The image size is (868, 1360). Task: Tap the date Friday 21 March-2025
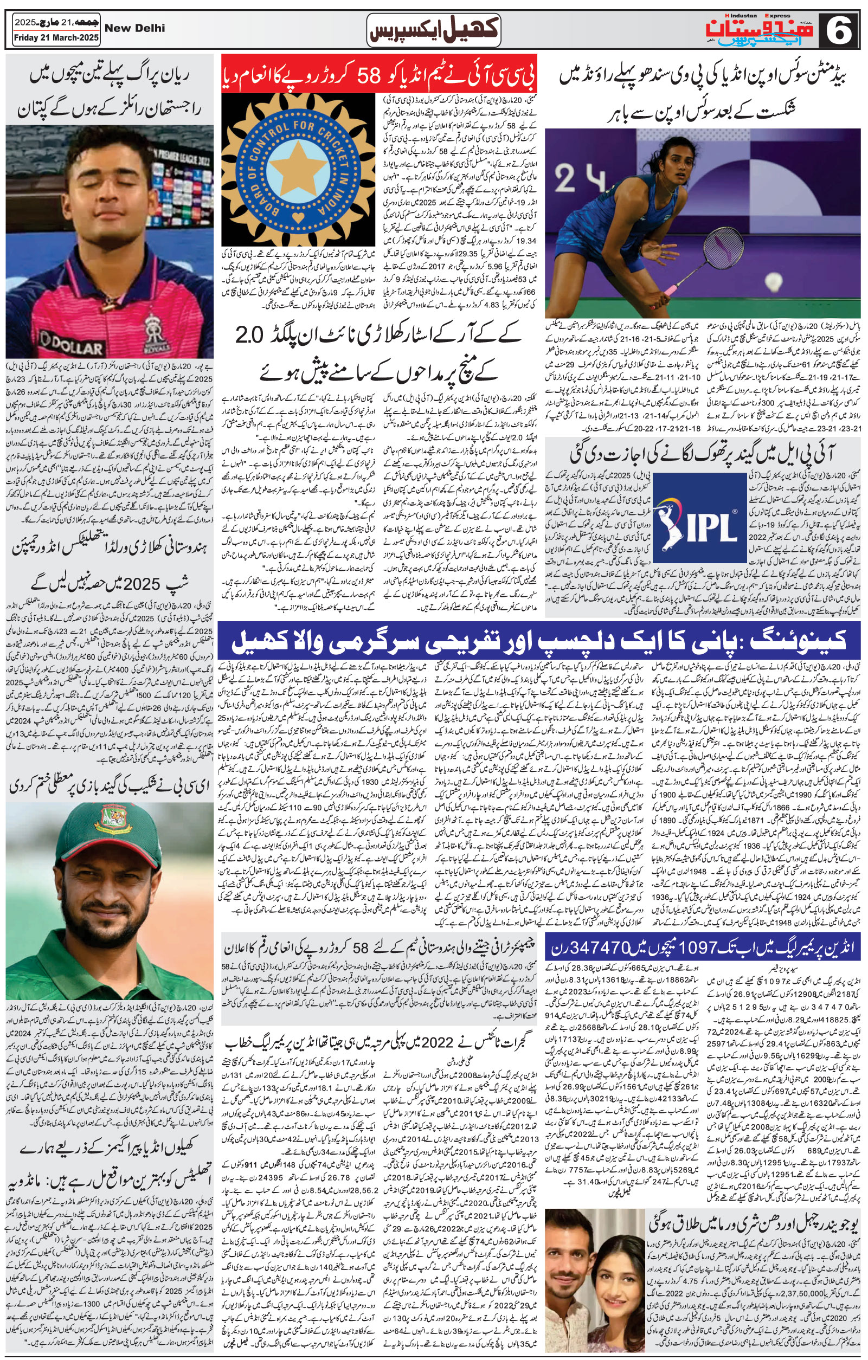56,38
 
